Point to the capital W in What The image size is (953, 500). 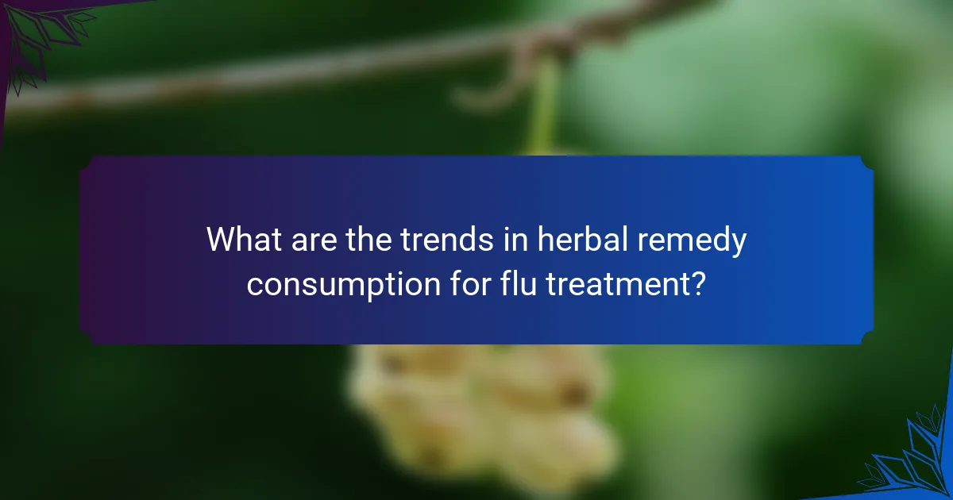[x=221, y=239]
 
